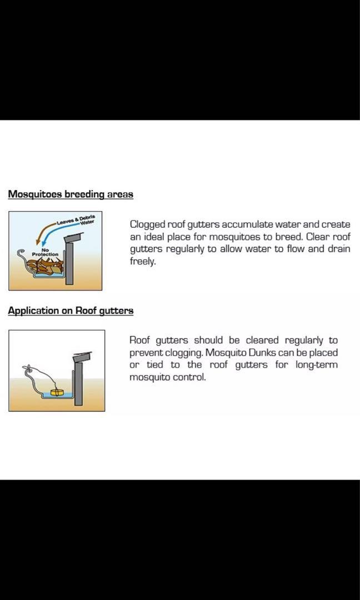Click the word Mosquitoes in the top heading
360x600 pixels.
click(35, 194)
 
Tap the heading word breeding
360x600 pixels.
click(84, 194)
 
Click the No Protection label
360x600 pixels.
click(45, 252)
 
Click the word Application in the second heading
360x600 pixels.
click(33, 311)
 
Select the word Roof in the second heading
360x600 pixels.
click(86, 311)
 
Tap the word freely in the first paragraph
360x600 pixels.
click(143, 262)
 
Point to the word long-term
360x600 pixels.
click(317, 365)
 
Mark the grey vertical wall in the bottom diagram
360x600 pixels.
click(78, 383)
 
